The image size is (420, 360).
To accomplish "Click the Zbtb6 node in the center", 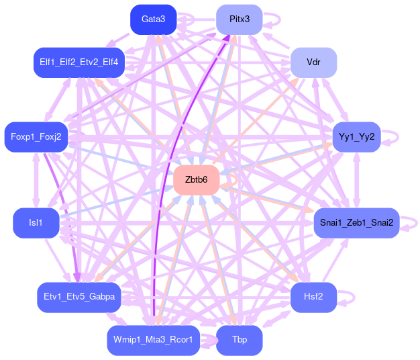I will (197, 180).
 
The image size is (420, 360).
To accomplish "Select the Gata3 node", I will (153, 19).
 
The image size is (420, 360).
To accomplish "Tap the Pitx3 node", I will (240, 19).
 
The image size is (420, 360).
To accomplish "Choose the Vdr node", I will (313, 62).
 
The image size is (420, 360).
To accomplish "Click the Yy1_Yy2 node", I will (356, 137).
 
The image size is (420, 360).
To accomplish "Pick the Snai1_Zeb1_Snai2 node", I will (356, 222).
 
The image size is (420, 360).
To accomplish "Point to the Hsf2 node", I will (313, 298).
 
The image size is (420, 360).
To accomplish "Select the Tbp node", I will (239, 340).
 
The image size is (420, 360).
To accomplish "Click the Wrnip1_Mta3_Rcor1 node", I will (152, 340).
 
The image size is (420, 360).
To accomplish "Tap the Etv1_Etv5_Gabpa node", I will (79, 297).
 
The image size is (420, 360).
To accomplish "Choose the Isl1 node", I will (36, 222).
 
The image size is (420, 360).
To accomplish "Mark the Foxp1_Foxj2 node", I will (36, 137).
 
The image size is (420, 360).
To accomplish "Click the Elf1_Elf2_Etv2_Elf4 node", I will (78, 62).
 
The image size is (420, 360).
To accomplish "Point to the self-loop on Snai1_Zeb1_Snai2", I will (410, 222).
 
